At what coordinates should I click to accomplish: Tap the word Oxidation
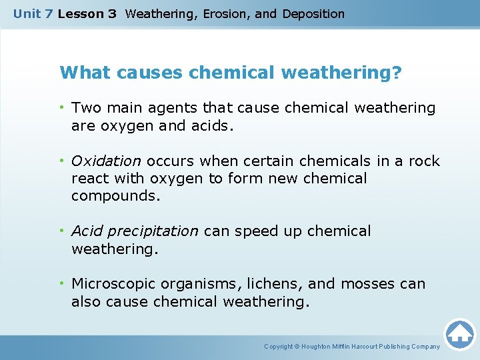[106, 161]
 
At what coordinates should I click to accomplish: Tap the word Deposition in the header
[313, 13]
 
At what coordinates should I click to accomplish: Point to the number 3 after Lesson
[111, 13]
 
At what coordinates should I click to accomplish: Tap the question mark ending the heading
[397, 72]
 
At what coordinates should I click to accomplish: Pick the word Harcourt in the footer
[366, 347]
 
